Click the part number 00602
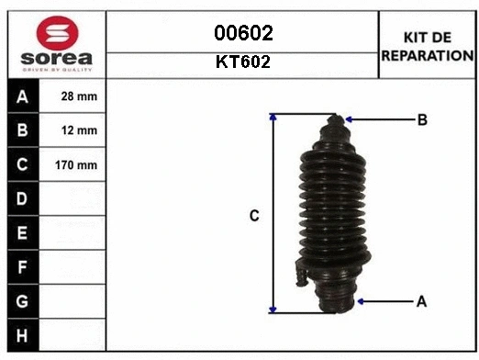tap(243, 34)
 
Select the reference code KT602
tap(243, 64)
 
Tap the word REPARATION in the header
tap(427, 55)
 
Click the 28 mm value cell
tap(79, 96)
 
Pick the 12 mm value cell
tap(79, 130)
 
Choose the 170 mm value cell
tap(79, 165)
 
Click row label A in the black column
tap(22, 96)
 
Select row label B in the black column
tap(22, 130)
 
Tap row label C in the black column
tap(22, 165)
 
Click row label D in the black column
tap(22, 198)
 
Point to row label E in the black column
tap(22, 233)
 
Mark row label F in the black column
tap(22, 267)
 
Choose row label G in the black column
tap(22, 301)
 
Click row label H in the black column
tap(22, 335)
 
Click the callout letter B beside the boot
tap(422, 119)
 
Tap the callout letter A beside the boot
tap(421, 300)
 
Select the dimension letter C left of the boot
tap(255, 216)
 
